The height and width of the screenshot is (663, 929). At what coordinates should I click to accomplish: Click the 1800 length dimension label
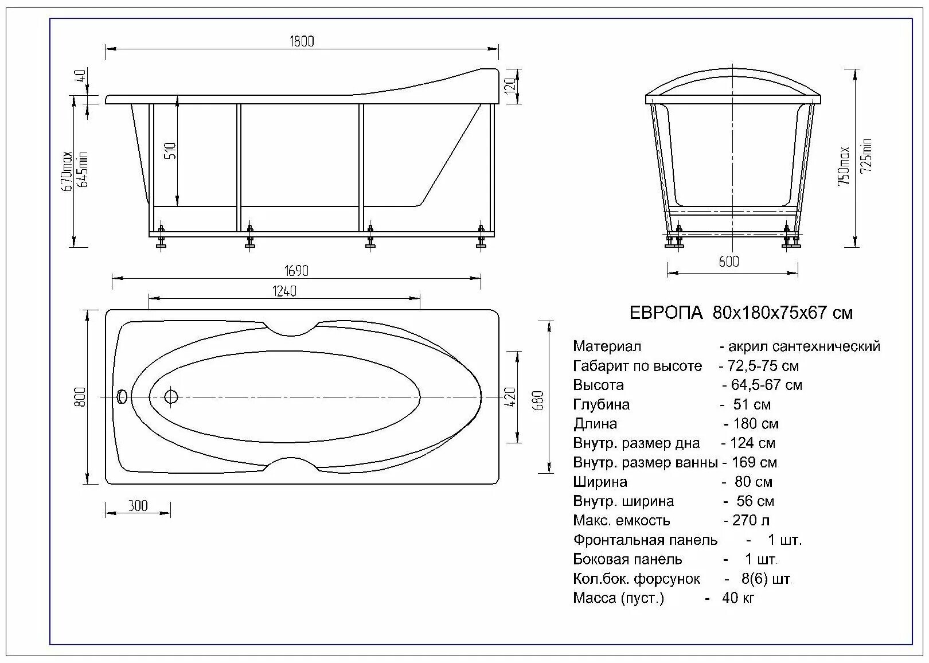[x=302, y=41]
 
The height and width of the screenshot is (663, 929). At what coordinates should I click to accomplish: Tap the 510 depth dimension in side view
[x=171, y=150]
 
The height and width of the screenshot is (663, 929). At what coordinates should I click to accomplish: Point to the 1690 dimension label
[x=296, y=270]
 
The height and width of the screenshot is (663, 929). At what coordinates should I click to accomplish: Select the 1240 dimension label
[x=284, y=291]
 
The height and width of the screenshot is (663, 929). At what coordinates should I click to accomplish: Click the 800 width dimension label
[x=80, y=397]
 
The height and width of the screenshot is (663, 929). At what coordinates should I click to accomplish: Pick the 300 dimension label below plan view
[x=138, y=505]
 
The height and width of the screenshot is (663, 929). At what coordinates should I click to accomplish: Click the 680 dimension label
[x=538, y=400]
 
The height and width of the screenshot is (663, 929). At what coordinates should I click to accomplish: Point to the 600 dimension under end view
[x=728, y=261]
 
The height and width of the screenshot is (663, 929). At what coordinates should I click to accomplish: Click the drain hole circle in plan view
[x=171, y=396]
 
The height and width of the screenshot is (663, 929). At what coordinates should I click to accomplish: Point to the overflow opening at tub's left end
[x=122, y=396]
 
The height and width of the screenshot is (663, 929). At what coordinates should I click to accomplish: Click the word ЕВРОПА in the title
[x=666, y=313]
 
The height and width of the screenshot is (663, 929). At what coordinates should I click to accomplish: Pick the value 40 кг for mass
[x=738, y=598]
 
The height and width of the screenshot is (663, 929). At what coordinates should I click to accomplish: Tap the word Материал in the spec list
[x=607, y=346]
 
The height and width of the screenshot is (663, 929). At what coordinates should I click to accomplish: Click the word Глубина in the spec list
[x=601, y=404]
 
